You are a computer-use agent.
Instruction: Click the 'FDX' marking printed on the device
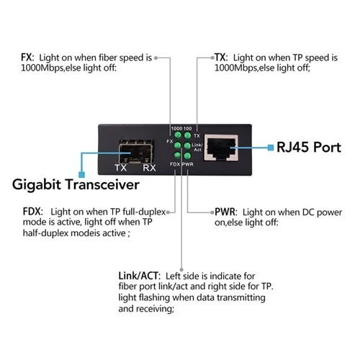[174, 164]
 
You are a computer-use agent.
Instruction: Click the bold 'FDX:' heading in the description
[32, 212]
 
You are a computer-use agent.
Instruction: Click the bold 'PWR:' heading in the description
[224, 212]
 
